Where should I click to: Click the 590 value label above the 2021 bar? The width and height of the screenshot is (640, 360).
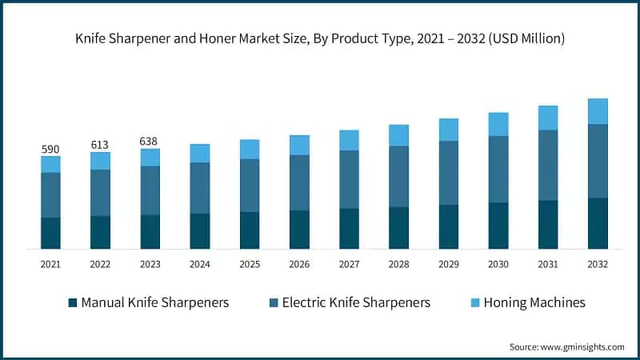tap(50, 150)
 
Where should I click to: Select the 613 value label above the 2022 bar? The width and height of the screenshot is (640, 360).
tap(100, 145)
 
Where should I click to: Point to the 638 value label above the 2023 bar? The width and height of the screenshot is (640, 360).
tap(150, 142)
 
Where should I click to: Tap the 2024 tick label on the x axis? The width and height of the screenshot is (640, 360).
tap(200, 264)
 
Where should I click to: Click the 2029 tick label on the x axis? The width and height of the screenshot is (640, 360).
tap(449, 264)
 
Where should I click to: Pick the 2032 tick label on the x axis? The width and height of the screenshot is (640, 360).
tap(598, 264)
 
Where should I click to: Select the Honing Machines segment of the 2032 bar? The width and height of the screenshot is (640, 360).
tap(598, 111)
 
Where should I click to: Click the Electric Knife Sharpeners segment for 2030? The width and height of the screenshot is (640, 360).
tap(498, 169)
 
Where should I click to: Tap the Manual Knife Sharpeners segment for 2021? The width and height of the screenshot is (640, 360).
tap(50, 233)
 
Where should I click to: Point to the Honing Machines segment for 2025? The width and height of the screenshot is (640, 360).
tap(250, 149)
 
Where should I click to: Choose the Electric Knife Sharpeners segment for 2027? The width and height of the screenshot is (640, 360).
tap(349, 179)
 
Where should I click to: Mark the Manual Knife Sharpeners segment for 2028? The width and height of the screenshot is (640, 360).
tap(399, 228)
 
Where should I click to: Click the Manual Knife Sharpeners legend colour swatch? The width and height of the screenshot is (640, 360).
tap(73, 302)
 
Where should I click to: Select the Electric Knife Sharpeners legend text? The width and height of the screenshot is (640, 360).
tap(357, 302)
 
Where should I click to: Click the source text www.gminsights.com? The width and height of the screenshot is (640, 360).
tap(584, 346)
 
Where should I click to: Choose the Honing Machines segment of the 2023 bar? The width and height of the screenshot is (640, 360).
tap(150, 157)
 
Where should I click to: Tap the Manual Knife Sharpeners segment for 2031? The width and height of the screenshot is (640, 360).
tap(548, 224)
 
